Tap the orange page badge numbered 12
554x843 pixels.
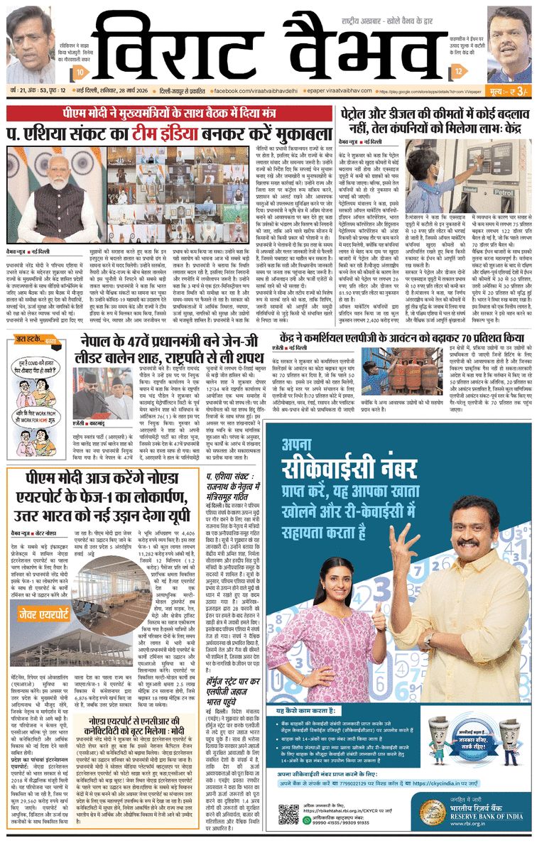[x=460, y=71]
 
